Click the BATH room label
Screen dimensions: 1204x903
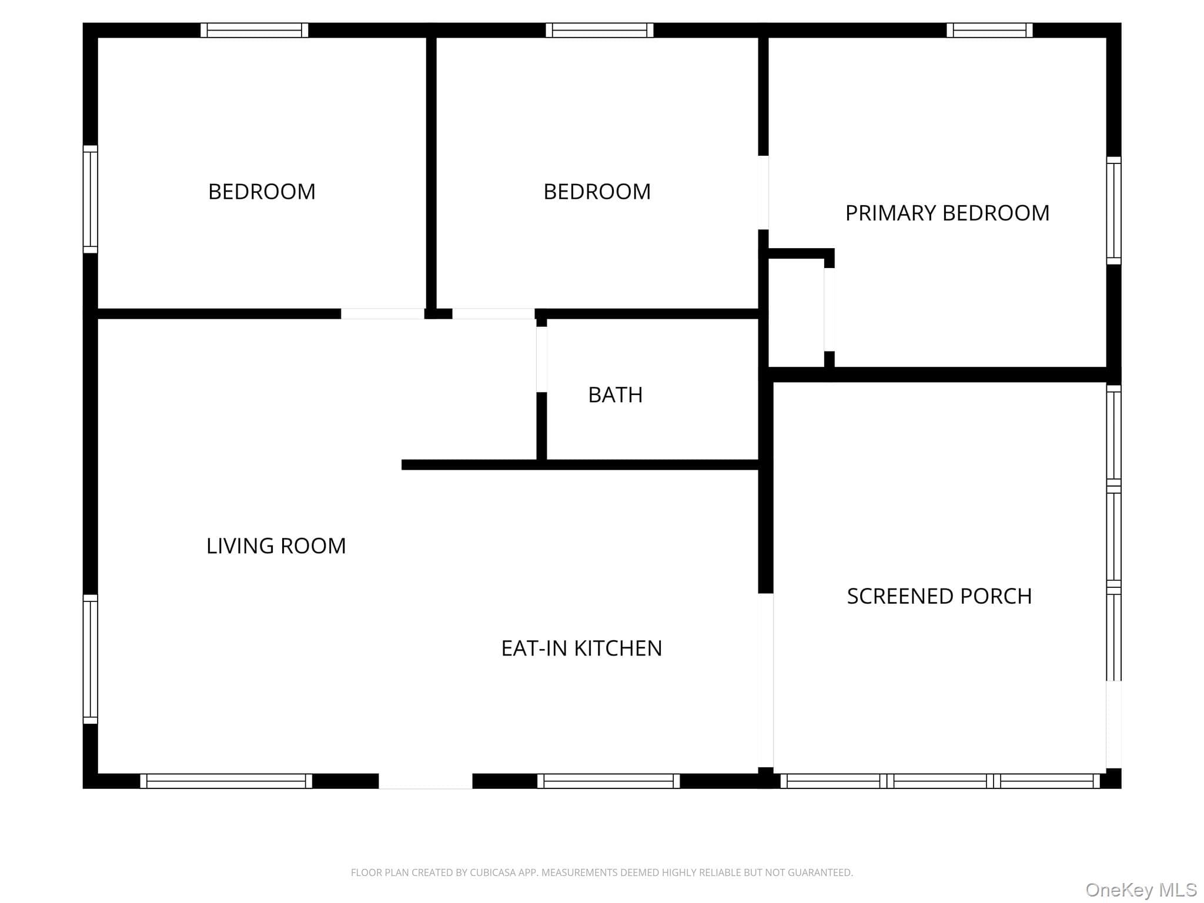pos(615,394)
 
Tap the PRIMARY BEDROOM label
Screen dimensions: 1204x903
pos(947,213)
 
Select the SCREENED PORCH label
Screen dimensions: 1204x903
pos(939,596)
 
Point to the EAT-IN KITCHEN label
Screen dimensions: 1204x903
pos(581,648)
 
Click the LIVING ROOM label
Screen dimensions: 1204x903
pos(276,546)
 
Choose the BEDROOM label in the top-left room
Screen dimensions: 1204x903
pos(262,192)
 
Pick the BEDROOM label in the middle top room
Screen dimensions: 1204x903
pos(597,192)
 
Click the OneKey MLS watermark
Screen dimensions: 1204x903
pos(1141,889)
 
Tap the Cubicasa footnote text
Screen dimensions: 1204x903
pos(601,872)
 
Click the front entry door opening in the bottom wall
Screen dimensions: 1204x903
pos(426,781)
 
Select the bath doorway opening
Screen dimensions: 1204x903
pos(541,359)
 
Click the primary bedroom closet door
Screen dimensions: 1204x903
pos(829,309)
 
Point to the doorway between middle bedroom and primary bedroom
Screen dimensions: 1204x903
pos(763,192)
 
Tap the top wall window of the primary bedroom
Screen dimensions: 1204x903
pos(989,30)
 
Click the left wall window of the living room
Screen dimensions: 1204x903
pos(90,659)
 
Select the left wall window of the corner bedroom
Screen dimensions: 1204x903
pos(90,199)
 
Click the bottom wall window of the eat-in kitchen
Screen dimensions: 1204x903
pos(608,781)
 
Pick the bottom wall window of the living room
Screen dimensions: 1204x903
pos(226,781)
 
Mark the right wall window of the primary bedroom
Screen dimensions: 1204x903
pos(1113,210)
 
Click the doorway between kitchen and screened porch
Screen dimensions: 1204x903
pos(765,680)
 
